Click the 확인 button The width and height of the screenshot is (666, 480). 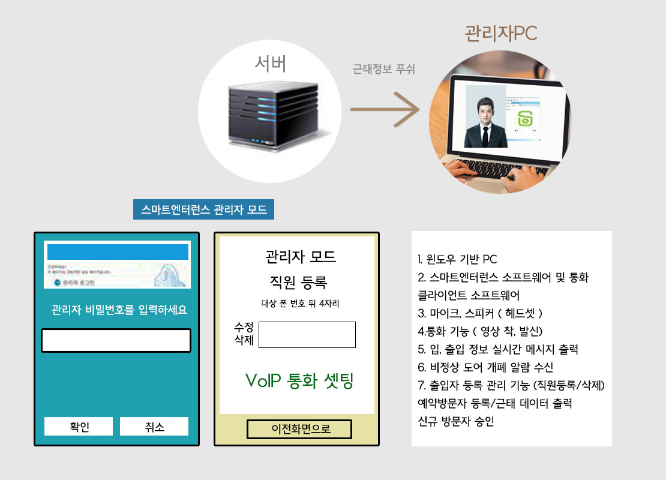coord(79,427)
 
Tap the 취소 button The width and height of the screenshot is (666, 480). coord(154,427)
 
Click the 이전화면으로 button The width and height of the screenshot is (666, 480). coord(299,429)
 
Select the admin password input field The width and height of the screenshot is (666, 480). coord(116,340)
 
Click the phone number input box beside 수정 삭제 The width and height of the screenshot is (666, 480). coord(307,335)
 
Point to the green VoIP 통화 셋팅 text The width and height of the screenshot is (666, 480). coord(299,380)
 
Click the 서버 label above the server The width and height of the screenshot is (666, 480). coord(270,63)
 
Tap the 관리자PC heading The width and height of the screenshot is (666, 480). coord(500,34)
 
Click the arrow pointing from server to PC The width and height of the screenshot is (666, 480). coord(385,110)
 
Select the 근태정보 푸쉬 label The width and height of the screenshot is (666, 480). coord(383,69)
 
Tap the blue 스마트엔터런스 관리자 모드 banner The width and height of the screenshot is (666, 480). coord(203,209)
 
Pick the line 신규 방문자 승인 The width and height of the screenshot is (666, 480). coord(455,421)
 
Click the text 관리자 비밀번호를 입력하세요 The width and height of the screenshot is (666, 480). coord(119,310)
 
